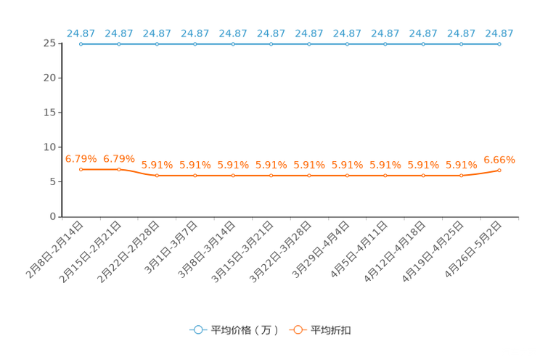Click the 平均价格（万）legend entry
234,330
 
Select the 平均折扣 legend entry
320,330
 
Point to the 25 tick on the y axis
49,43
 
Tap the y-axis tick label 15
49,112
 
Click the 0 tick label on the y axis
53,216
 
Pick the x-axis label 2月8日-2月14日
54,250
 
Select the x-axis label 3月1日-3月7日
171,247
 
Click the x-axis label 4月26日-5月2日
472,250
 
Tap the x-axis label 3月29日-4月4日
321,250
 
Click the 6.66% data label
499,160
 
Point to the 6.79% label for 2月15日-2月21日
119,159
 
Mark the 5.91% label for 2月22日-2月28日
157,165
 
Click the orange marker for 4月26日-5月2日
499,170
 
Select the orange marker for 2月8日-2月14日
81,170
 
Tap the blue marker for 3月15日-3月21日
271,44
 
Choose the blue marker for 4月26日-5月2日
499,44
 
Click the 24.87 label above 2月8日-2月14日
81,33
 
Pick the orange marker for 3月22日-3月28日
309,176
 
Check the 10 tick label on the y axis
49,147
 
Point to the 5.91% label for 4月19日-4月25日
462,165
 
